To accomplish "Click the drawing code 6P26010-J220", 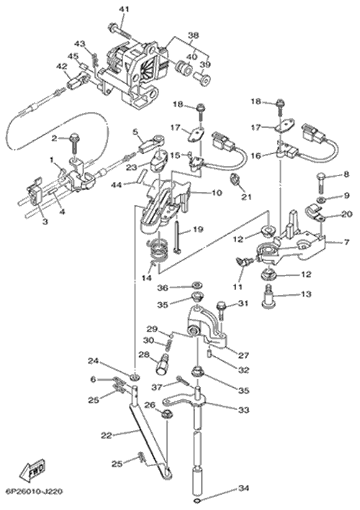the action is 34,491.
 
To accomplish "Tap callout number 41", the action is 124,9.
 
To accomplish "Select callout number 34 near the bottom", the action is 243,488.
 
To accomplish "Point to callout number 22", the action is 107,435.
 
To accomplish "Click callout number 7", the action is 346,242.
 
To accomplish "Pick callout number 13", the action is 306,294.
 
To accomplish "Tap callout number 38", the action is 193,35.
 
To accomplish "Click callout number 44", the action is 117,185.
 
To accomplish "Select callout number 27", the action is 243,355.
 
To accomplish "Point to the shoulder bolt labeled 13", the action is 268,296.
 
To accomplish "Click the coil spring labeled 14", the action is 158,252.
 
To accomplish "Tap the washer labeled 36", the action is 196,286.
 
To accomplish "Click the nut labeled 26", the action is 167,414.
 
